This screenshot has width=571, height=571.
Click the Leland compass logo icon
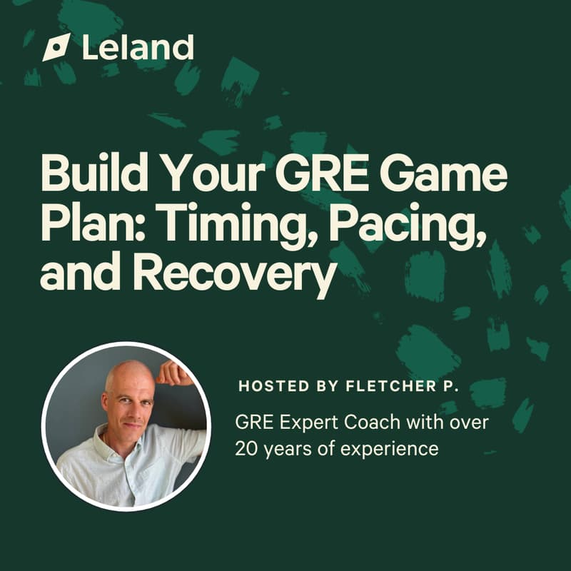pyautogui.click(x=56, y=47)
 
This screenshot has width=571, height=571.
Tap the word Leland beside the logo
pyautogui.click(x=138, y=47)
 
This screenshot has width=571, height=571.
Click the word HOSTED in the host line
pyautogui.click(x=271, y=386)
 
